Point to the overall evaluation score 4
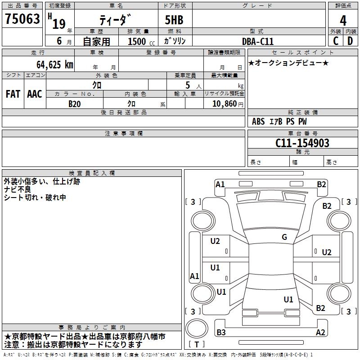point(343,20)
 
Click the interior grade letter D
point(350,40)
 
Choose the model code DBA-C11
point(258,41)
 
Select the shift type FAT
point(13,94)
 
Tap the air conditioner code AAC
point(34,94)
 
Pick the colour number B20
point(74,103)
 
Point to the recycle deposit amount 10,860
point(223,103)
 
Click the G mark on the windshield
point(284,237)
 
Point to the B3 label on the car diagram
point(221,332)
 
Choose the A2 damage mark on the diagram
point(320,332)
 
